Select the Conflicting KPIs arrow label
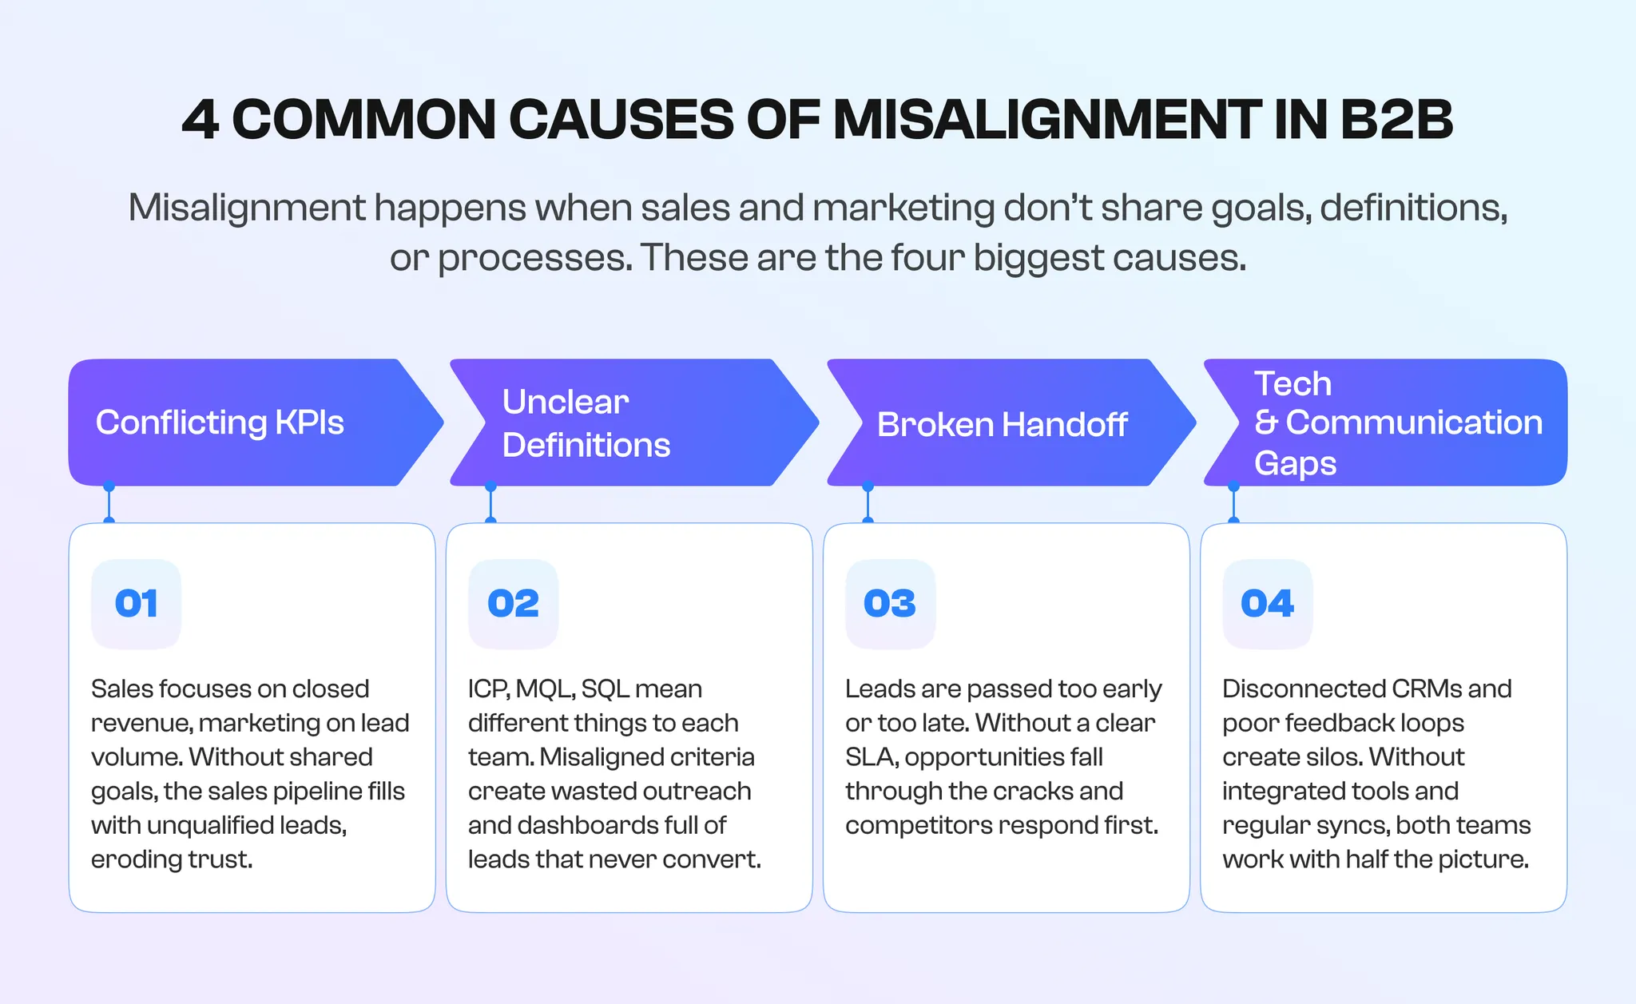click(220, 423)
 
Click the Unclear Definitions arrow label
click(586, 423)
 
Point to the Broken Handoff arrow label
click(1002, 425)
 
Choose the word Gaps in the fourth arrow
click(1295, 464)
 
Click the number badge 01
click(137, 604)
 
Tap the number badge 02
click(514, 604)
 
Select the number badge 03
click(890, 604)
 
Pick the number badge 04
click(1267, 604)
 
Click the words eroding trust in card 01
click(172, 859)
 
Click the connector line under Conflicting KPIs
click(109, 504)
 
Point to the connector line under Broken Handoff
click(868, 504)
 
